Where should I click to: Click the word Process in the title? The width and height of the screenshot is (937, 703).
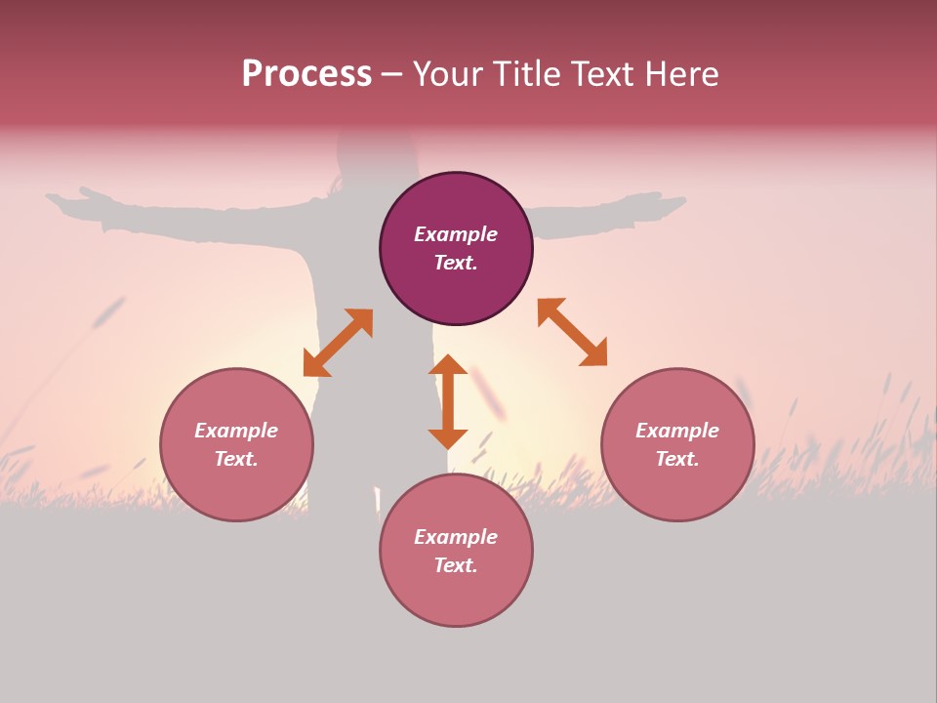(x=306, y=74)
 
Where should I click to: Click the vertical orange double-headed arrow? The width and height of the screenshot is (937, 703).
(x=448, y=401)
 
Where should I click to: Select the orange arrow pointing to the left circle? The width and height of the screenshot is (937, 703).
(x=338, y=343)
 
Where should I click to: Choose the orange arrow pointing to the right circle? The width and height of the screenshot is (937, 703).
(x=572, y=332)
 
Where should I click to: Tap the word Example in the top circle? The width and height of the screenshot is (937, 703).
(x=456, y=234)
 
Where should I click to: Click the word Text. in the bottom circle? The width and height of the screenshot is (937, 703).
(x=456, y=565)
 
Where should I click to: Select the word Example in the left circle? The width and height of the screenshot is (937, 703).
(x=236, y=431)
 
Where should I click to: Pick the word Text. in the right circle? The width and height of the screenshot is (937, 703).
(x=677, y=459)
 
